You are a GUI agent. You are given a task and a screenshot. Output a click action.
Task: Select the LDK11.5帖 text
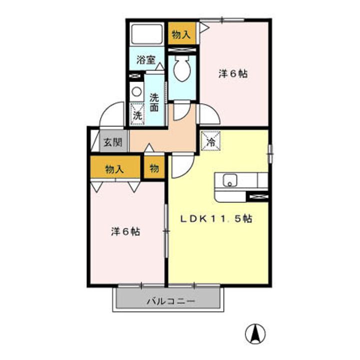(216, 218)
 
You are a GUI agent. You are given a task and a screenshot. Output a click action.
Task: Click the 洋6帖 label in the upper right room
(233, 73)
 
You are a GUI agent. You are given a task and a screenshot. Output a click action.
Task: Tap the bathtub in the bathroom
(146, 35)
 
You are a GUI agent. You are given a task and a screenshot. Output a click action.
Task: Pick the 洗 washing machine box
(137, 114)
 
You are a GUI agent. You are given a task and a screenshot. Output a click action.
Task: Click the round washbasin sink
(135, 91)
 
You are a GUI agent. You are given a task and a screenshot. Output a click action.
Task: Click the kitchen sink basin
(230, 180)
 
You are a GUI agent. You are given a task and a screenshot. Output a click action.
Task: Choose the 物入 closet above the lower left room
(114, 169)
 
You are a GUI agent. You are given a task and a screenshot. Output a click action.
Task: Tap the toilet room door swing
(181, 110)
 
